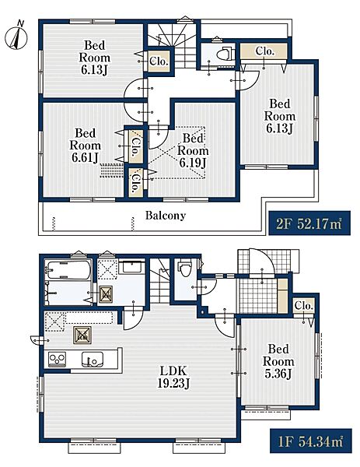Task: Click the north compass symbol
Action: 16,37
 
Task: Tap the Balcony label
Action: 166,216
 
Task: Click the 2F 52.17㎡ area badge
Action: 309,223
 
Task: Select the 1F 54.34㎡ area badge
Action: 311,441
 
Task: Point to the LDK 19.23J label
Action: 173,377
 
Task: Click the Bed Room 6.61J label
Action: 85,146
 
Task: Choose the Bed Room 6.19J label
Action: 193,150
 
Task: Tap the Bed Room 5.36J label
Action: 278,361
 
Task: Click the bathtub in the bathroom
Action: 68,270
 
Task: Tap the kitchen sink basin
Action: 93,359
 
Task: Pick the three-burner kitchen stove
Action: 57,359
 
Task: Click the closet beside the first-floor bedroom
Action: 303,306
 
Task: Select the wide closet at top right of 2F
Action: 264,51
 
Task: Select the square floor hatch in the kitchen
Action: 82,335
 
